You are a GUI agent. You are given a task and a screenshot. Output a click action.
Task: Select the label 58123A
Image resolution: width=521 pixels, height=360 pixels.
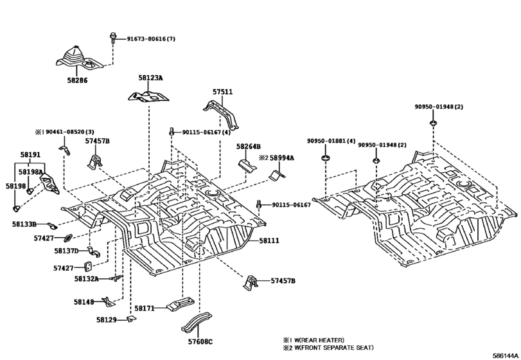click(150, 77)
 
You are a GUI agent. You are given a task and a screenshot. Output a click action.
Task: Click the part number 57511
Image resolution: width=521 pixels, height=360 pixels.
click(222, 93)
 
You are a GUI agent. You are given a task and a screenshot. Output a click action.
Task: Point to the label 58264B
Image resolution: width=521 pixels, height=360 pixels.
click(247, 147)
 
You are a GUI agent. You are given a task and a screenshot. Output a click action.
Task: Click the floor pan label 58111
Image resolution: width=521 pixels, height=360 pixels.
click(269, 240)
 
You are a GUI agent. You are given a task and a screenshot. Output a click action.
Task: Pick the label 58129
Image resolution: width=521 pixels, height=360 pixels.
click(107, 319)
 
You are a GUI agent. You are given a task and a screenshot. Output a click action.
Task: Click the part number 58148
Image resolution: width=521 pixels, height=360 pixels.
click(83, 301)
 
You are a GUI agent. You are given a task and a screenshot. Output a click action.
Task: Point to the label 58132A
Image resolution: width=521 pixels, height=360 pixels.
click(86, 279)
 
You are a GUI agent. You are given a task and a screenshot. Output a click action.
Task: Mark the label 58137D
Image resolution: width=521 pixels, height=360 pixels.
click(66, 251)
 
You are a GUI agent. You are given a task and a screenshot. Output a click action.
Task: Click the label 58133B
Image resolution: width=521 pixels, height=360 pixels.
click(24, 224)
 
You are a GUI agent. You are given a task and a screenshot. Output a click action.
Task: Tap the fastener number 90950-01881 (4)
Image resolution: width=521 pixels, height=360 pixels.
click(331, 141)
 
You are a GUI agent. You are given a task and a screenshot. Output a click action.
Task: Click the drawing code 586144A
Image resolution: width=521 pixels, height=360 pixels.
click(506, 355)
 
